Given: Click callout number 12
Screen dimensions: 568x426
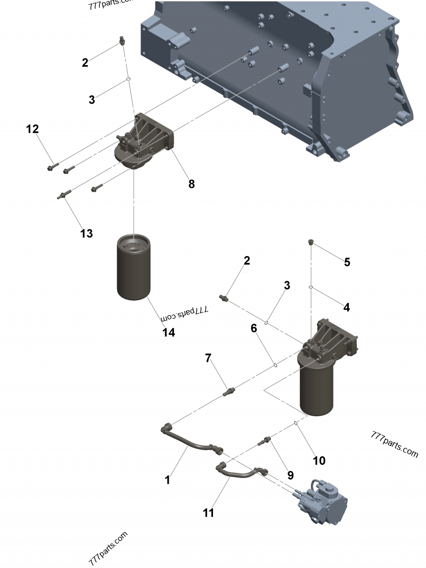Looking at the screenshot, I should pyautogui.click(x=32, y=129).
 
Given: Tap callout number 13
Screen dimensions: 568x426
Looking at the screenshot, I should pyautogui.click(x=86, y=233).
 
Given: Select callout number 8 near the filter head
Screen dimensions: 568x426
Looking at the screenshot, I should pyautogui.click(x=192, y=184).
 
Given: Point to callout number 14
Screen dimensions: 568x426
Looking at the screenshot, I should pyautogui.click(x=169, y=333).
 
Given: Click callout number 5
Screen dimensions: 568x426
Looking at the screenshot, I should pyautogui.click(x=347, y=262).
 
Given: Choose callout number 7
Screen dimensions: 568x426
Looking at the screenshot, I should pyautogui.click(x=208, y=358).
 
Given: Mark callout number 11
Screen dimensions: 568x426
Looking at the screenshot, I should pyautogui.click(x=208, y=513).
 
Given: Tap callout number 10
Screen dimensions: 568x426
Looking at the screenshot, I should pyautogui.click(x=319, y=460).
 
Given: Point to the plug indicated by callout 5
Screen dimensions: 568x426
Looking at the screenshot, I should pyautogui.click(x=311, y=243).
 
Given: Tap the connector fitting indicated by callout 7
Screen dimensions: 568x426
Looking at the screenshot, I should pyautogui.click(x=230, y=392).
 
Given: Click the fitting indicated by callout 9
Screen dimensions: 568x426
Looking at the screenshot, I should pyautogui.click(x=265, y=440).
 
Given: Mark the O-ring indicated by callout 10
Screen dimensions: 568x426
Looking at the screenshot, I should pyautogui.click(x=295, y=424).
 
